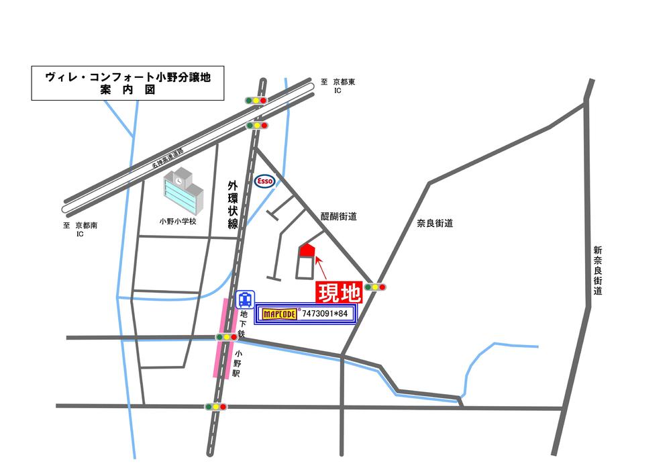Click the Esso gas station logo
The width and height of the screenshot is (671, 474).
tap(263, 181)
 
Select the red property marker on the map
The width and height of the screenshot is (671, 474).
tap(307, 250)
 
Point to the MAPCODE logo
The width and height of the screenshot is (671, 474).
tap(279, 314)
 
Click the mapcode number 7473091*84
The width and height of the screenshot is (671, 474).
tap(325, 314)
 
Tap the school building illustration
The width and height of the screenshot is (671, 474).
tap(182, 191)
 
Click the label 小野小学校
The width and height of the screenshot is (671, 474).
tap(178, 221)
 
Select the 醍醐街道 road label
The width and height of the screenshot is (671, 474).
tap(338, 216)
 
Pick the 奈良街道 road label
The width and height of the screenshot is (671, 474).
tap(435, 223)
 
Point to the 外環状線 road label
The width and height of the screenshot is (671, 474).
tap(233, 205)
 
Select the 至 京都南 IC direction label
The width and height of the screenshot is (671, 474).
tap(80, 230)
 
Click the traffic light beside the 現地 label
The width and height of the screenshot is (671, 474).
tap(375, 287)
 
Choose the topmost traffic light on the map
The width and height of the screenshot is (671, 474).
tap(257, 100)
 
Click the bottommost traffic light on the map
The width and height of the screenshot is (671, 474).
tap(216, 406)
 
